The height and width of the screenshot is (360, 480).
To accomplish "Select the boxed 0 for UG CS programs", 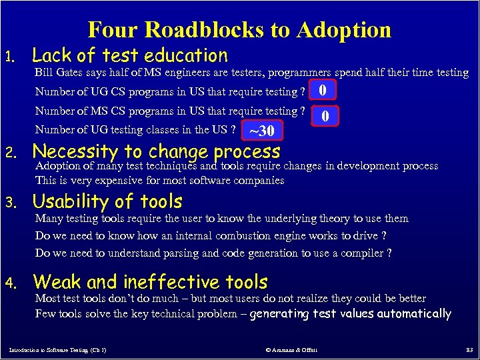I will pyautogui.click(x=323, y=90).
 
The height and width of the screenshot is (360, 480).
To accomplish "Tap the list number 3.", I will pyautogui.click(x=10, y=203).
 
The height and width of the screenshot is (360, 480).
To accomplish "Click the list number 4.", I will pyautogui.click(x=10, y=284).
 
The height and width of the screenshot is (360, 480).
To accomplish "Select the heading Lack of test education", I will pyautogui.click(x=130, y=55).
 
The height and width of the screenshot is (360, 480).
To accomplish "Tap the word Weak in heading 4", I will pyautogui.click(x=55, y=282).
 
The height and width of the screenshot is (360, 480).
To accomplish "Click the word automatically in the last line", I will pyautogui.click(x=413, y=314).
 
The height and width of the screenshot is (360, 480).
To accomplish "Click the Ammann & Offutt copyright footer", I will pyautogui.click(x=292, y=350).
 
